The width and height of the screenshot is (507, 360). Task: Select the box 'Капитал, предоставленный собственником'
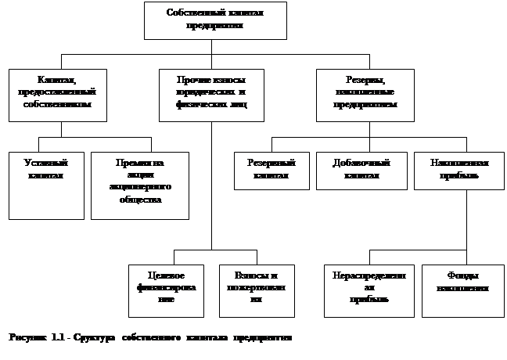[57, 95]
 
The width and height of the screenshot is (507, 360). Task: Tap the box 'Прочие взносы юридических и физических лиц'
[211, 95]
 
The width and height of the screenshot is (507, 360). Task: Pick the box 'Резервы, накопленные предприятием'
[365, 95]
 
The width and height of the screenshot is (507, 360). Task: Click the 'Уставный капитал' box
[45, 185]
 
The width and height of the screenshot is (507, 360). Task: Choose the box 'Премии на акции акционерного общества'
[140, 185]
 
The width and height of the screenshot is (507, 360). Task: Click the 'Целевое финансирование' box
[166, 290]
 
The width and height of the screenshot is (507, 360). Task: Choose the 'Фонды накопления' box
[463, 290]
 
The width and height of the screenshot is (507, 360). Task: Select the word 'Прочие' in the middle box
[192, 80]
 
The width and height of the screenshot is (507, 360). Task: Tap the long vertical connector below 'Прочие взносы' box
[211, 188]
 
